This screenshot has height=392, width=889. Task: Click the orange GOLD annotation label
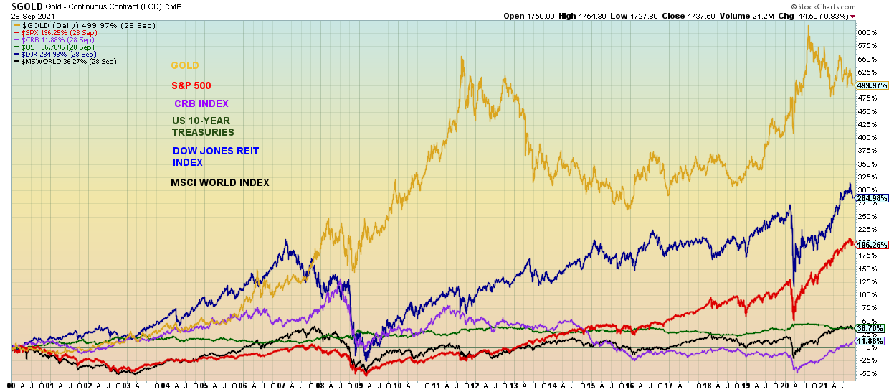[x=185, y=66]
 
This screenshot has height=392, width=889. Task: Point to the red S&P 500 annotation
[x=191, y=86]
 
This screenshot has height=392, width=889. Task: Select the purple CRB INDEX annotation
[x=201, y=104]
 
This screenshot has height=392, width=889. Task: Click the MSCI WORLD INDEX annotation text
[x=220, y=183]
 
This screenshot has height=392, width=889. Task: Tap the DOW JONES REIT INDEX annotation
[x=216, y=157]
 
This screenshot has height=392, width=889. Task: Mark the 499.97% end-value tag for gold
[x=873, y=85]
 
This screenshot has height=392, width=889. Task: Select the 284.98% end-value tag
[x=873, y=197]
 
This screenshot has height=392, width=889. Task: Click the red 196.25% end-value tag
[x=873, y=245]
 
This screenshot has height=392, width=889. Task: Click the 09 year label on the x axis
[x=358, y=386]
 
